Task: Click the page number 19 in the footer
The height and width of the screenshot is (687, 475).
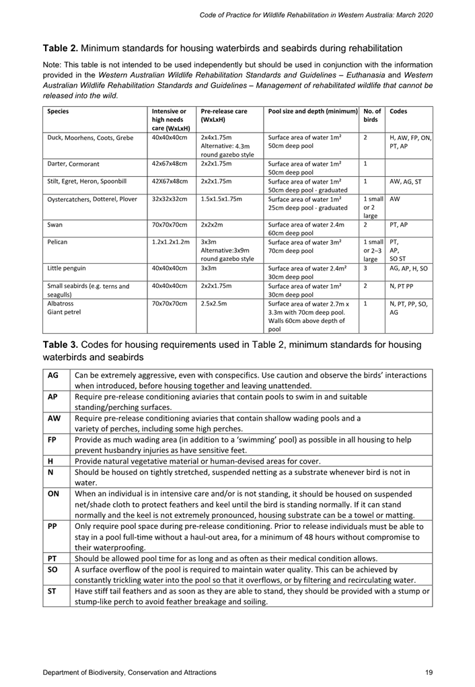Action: [429, 672]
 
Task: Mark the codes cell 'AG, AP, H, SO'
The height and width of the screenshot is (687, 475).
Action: [410, 268]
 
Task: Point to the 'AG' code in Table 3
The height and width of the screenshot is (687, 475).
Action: [53, 375]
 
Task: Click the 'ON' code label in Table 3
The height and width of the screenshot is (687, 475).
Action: [52, 493]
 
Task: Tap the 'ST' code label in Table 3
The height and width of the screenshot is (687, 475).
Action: [52, 591]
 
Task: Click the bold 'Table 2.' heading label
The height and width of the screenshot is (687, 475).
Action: [61, 48]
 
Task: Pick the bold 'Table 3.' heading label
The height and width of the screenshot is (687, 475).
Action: [61, 345]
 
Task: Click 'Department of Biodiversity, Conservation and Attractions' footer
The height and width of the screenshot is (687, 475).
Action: [130, 672]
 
